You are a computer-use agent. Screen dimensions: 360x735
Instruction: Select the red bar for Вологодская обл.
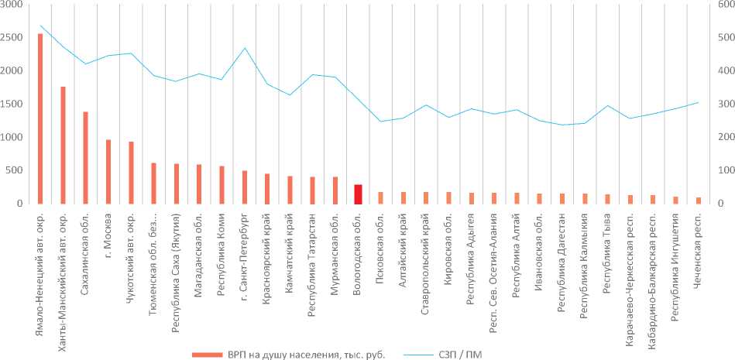tap(358, 194)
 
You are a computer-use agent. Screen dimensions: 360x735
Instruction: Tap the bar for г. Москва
tap(108, 171)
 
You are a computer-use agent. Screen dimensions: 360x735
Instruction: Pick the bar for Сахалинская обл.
tap(85, 157)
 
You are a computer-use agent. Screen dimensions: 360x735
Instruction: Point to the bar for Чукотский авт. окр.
tap(131, 173)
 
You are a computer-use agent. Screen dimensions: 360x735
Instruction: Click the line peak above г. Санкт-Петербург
tap(245, 48)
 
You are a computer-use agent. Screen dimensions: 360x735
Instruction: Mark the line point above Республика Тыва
tap(607, 105)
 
